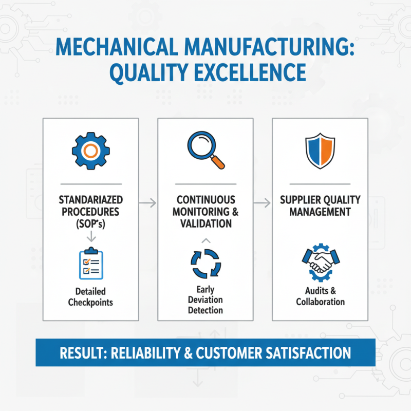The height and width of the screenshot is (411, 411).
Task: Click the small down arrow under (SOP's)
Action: tap(91, 236)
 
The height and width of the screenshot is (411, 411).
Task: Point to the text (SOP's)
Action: tap(91, 223)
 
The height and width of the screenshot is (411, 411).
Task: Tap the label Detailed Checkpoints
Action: tap(91, 296)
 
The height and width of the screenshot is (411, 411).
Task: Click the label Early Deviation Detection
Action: tap(205, 300)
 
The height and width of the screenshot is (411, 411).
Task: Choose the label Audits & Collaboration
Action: tap(320, 296)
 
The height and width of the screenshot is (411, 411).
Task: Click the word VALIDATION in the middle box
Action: tap(205, 223)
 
